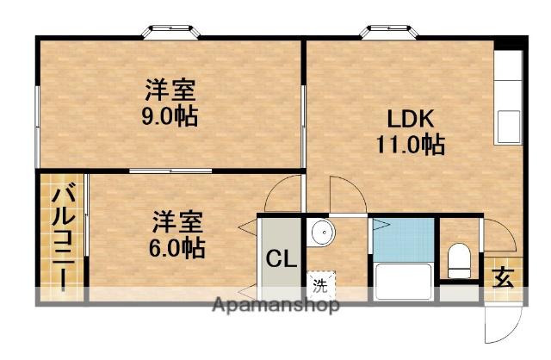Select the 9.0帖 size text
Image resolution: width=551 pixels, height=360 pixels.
point(170,115)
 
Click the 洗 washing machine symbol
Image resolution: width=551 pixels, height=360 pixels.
point(319,283)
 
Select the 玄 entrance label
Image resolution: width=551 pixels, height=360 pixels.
point(502,277)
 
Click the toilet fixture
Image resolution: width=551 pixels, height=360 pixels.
point(460,261)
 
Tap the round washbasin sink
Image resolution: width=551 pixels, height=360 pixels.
point(320,232)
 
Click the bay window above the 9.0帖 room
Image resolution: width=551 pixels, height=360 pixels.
point(170,32)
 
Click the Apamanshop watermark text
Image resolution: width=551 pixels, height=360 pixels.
point(275,306)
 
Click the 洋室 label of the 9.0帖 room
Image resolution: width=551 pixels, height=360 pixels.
point(170,90)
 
